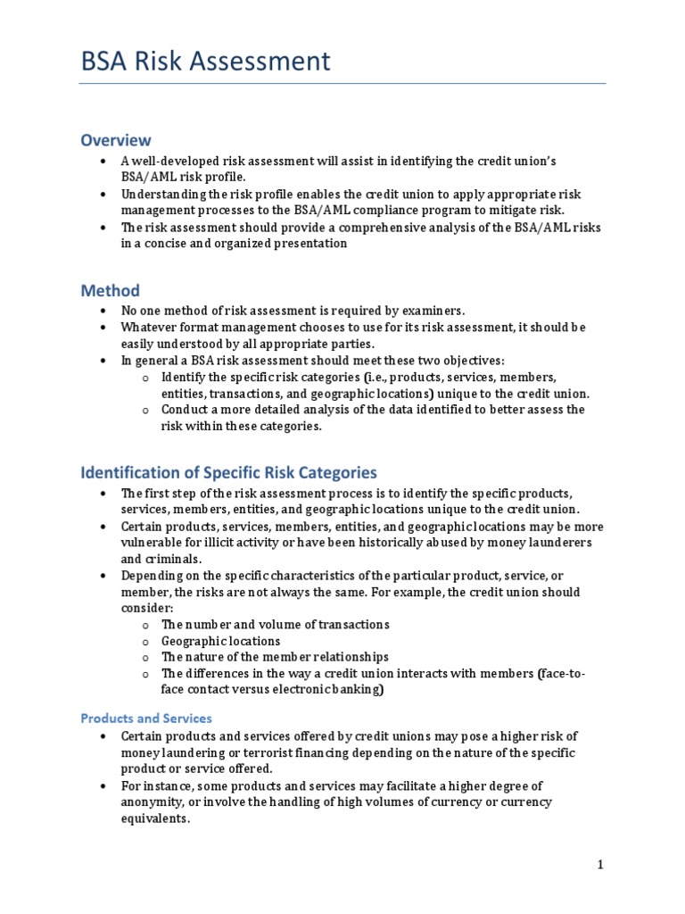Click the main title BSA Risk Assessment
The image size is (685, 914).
coord(205,61)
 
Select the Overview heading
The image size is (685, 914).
coord(116,140)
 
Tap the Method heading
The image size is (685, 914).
coord(110,291)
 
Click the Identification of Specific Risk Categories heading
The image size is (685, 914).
coord(228,472)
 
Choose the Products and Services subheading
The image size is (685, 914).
coord(146,718)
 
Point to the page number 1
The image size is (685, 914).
coord(601,864)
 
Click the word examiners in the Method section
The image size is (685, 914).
coord(433,311)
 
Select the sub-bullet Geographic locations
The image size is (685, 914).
coord(220,641)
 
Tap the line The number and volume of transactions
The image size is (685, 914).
coord(275,624)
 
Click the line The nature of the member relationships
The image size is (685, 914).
coord(275,657)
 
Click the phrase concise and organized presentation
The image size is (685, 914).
coord(242,244)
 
